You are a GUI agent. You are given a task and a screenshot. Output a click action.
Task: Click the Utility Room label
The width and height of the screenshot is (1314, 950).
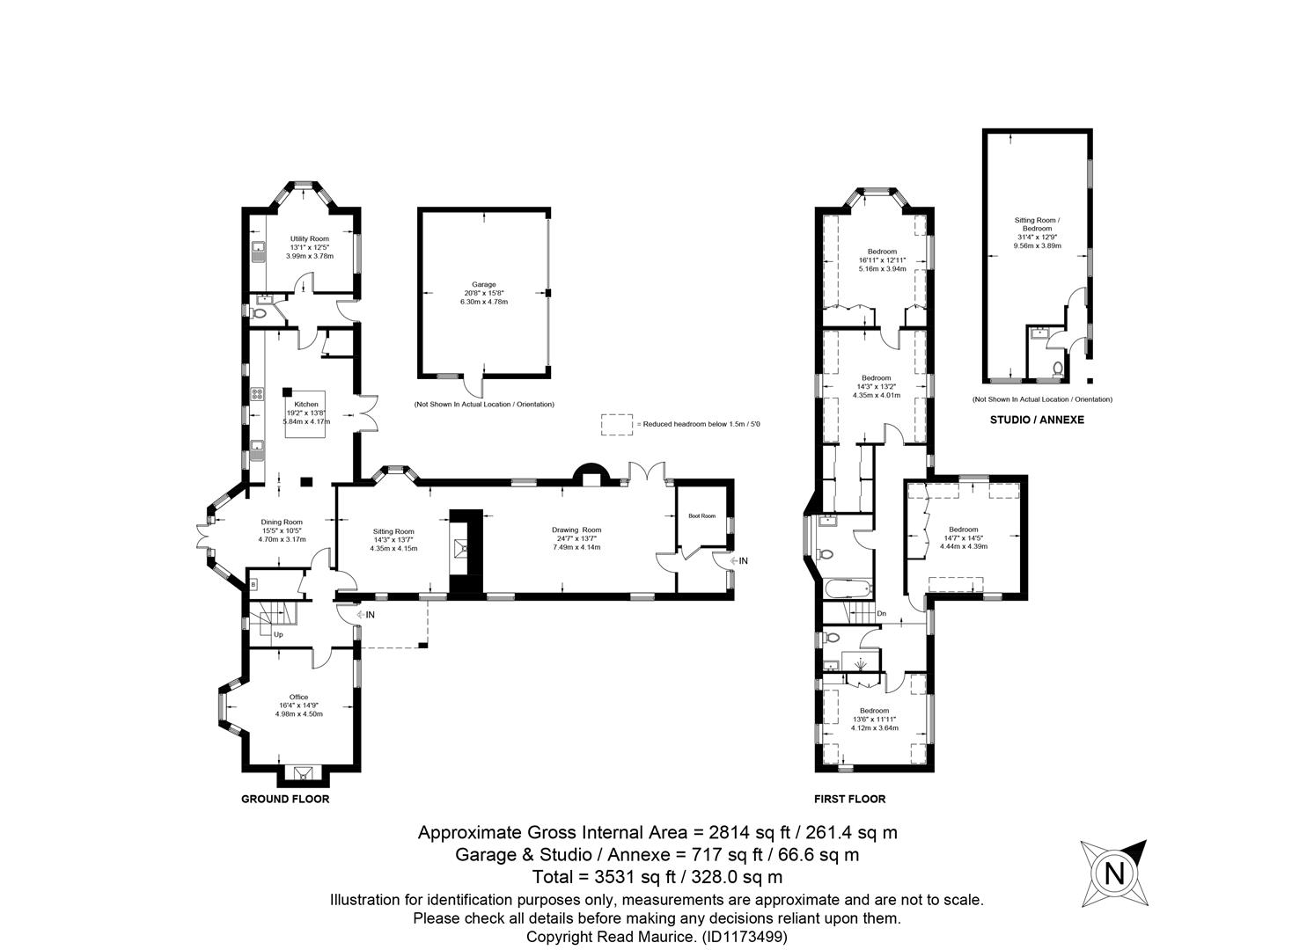[310, 238]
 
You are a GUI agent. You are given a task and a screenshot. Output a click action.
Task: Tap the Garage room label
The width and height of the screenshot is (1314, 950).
[484, 284]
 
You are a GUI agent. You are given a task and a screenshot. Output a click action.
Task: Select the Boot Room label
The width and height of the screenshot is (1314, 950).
[702, 516]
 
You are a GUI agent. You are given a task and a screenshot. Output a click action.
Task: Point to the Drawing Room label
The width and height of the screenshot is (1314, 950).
[576, 530]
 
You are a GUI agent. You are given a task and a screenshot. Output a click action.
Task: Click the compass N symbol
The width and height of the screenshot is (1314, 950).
[1114, 873]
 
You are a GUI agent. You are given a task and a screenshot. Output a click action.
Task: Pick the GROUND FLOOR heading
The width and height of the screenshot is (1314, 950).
[285, 799]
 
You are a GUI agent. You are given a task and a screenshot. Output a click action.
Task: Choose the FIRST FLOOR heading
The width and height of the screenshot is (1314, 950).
[850, 799]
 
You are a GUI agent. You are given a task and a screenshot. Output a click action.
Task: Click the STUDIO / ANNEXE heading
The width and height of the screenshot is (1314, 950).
[1037, 420]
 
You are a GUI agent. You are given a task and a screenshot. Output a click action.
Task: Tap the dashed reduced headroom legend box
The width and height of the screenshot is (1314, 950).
[617, 425]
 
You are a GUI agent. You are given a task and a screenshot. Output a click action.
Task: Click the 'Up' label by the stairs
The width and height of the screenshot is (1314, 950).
[279, 634]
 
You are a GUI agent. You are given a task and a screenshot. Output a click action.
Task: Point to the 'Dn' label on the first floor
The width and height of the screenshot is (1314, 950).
[881, 613]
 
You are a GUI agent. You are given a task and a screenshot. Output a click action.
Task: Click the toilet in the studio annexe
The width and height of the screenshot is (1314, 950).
[1057, 369]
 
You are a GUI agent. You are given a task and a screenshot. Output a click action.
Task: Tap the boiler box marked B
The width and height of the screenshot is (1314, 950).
[253, 585]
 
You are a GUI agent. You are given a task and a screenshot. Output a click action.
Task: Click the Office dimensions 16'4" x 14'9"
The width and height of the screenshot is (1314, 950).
[298, 705]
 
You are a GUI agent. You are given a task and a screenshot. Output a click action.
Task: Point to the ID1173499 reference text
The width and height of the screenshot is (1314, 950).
[745, 937]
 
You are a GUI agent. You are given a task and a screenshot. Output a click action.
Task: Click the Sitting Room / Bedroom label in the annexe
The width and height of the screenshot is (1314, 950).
[1037, 224]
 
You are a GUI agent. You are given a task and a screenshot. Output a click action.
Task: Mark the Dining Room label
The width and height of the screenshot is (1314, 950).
[282, 522]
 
